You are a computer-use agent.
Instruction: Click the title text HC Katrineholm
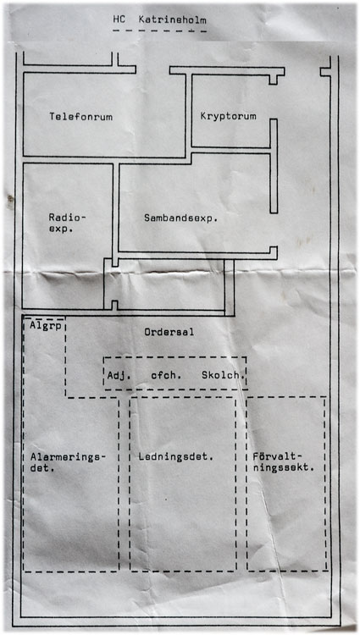[160, 19]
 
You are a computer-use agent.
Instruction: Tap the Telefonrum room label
[81, 117]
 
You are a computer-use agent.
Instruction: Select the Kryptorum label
[229, 117]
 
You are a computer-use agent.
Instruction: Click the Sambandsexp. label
[181, 218]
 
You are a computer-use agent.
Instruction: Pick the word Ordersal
[169, 332]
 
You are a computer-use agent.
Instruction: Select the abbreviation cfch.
[166, 375]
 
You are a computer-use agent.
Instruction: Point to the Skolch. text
[223, 375]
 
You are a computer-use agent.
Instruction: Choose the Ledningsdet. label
[175, 457]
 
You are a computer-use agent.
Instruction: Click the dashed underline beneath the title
[159, 30]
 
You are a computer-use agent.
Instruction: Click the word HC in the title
[119, 19]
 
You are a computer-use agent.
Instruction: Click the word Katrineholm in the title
[173, 19]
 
